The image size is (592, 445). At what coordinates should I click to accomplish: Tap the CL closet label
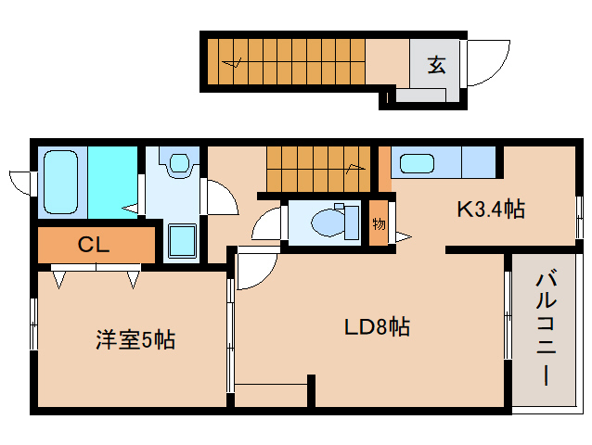click(x=94, y=245)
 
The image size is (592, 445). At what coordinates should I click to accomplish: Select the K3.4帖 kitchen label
click(x=491, y=210)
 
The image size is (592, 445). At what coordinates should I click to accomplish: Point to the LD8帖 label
click(x=377, y=326)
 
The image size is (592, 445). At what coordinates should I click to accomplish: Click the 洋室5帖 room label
click(x=135, y=339)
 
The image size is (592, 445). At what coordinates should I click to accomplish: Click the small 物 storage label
click(x=380, y=224)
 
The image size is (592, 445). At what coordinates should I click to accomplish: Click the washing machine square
click(x=181, y=242)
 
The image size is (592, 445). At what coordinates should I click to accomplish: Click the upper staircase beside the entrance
click(x=284, y=62)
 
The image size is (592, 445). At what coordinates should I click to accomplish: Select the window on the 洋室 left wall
click(x=33, y=324)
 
